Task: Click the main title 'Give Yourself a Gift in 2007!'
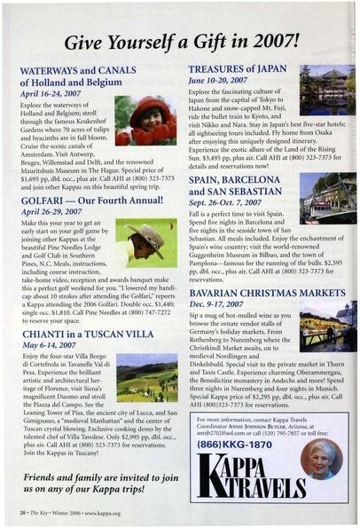[x=181, y=39]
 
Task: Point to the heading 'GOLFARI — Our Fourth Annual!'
[x=94, y=189]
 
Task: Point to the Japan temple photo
[x=327, y=91]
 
